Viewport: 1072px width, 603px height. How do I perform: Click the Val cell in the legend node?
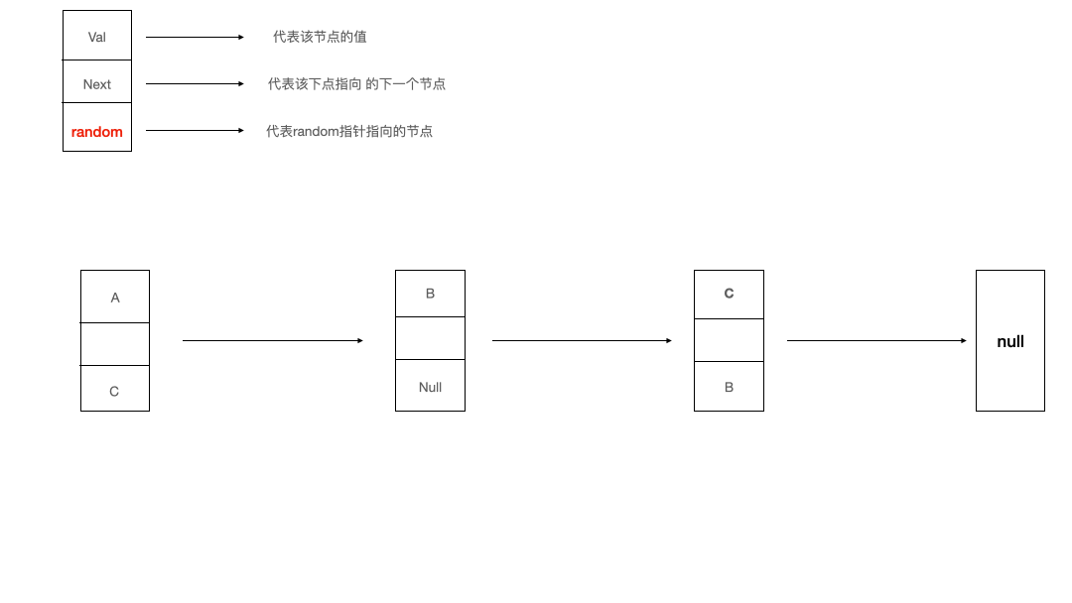click(x=97, y=37)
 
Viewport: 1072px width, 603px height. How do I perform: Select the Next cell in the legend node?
click(x=97, y=83)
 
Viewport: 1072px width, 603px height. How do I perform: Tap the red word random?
click(x=97, y=132)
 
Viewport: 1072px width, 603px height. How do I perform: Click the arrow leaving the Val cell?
click(x=195, y=38)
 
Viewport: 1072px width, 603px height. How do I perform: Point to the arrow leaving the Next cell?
click(x=195, y=84)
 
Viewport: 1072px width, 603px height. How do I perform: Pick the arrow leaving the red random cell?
click(x=195, y=131)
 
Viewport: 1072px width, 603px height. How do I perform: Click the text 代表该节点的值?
click(x=320, y=37)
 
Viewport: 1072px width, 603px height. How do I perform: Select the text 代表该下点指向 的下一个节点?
click(x=356, y=84)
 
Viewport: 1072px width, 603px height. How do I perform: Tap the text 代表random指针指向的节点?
click(x=349, y=131)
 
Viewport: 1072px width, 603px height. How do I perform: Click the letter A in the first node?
click(x=115, y=298)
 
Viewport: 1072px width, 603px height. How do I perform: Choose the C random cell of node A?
click(x=114, y=390)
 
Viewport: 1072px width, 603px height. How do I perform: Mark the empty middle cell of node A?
click(x=115, y=344)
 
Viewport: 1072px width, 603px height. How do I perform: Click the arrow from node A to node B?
click(x=273, y=341)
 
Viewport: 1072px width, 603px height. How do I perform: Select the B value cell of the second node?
click(x=430, y=294)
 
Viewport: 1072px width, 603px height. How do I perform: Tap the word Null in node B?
click(x=430, y=387)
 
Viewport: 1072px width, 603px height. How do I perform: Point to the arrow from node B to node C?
click(x=582, y=341)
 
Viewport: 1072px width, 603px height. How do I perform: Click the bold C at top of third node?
click(x=729, y=294)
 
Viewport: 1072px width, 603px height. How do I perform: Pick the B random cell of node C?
click(x=729, y=387)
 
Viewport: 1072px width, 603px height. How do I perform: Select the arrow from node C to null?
click(x=876, y=341)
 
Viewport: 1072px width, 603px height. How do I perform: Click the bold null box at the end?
click(x=1010, y=341)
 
